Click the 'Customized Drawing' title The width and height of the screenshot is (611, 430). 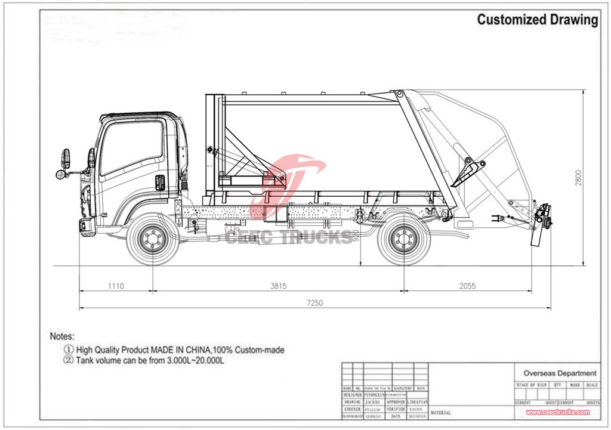537,20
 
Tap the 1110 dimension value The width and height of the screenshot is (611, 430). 116,286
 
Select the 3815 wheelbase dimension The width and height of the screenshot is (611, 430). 278,286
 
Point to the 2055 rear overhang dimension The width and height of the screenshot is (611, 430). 467,286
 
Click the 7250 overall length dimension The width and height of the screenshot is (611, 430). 314,303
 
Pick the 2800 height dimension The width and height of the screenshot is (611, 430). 579,177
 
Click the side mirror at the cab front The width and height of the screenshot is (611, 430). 65,159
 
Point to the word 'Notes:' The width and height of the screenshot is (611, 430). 62,337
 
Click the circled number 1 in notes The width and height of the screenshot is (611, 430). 69,350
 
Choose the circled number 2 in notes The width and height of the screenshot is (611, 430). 69,361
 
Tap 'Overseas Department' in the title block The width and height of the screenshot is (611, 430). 560,373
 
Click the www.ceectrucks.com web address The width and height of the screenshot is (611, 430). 557,412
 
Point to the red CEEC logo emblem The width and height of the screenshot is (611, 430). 286,179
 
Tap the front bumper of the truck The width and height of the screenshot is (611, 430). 87,226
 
